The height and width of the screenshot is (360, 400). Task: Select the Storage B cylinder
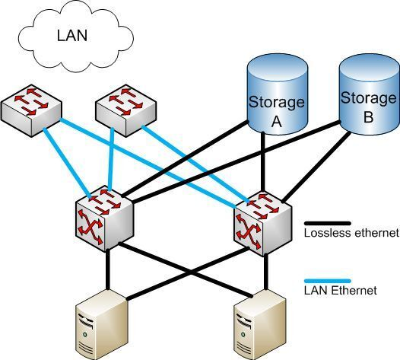368,95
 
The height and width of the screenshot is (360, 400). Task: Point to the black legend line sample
326,224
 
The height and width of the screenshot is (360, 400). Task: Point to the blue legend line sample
326,282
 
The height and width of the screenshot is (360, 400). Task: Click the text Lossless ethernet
351,234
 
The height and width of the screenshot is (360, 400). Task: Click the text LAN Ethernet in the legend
338,291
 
